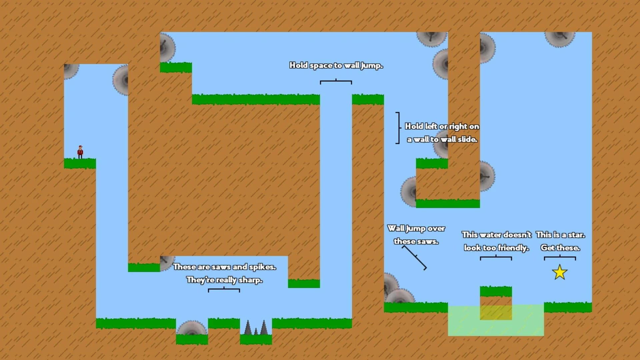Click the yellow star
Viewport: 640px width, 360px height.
560,272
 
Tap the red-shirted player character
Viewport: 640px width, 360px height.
80,152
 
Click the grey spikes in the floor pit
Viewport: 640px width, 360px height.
256,328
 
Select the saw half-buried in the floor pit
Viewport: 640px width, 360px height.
192,328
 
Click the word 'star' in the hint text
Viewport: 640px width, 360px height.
577,235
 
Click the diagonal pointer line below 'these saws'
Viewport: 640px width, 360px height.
414,257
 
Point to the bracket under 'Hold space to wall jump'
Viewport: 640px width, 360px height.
336,81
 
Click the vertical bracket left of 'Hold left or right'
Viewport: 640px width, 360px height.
398,128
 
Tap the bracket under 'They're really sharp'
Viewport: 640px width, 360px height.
224,290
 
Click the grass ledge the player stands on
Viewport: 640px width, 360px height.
80,163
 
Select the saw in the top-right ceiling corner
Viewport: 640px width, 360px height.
560,38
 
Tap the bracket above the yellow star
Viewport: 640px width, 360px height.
560,258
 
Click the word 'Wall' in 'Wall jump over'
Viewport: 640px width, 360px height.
396,229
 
